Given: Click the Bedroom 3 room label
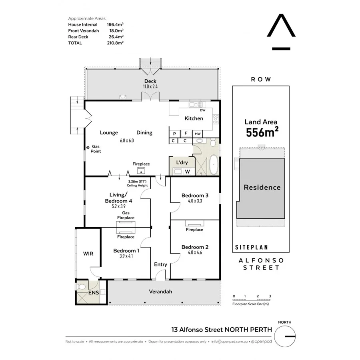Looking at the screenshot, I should [195, 195].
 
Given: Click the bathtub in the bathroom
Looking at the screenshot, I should [214, 165].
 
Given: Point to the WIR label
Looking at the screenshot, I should [88, 254].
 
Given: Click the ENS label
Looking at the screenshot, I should [94, 292].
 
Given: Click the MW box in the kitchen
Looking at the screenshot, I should [198, 134].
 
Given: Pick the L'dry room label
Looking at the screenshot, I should [182, 162].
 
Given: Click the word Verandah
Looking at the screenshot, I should [161, 292].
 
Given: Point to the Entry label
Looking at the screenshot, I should [160, 264].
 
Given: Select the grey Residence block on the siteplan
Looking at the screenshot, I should [262, 187].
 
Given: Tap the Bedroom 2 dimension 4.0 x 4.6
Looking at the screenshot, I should [195, 252].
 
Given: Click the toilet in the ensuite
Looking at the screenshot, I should [82, 287].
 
